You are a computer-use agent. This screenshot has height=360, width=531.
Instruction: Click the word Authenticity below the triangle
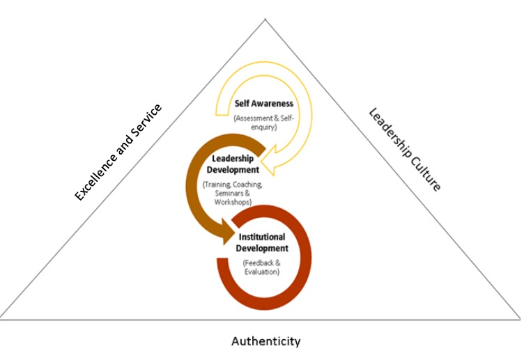pos(265,341)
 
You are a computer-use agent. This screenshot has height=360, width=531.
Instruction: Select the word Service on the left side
pos(147,119)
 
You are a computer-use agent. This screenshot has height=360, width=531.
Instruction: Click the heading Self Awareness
pos(264,104)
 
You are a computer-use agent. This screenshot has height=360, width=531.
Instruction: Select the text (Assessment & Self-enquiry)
pos(264,123)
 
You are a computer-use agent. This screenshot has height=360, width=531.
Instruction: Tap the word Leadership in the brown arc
pos(233,158)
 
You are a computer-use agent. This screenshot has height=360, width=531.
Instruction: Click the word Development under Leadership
pos(233,169)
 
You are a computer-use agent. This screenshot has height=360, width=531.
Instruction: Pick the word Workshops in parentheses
pos(233,202)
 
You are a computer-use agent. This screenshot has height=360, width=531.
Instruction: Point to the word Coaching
pos(247,185)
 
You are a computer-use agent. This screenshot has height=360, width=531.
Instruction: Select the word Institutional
pos(262,237)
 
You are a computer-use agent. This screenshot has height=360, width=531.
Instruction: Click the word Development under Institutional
pos(262,249)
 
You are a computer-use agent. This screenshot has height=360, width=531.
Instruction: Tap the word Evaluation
pos(262,272)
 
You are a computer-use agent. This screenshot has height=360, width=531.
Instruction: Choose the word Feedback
pos(259,263)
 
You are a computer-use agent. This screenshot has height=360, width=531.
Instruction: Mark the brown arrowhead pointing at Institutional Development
pos(227,231)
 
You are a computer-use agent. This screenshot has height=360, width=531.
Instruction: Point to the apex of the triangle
pos(265,19)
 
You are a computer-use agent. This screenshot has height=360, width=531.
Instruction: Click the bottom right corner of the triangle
pos(520,319)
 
